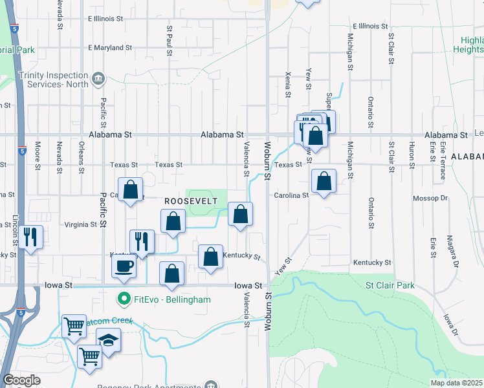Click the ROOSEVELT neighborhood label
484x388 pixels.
[190, 201]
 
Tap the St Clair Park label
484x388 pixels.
[389, 285]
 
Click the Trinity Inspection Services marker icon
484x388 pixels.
[98, 79]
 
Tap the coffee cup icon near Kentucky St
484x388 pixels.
[124, 264]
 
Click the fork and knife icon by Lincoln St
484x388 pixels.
[30, 237]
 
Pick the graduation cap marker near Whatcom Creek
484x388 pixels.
[108, 339]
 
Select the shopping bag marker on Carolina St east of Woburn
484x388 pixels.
[323, 181]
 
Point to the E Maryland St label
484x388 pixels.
[110, 48]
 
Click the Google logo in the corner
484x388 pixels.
[21, 380]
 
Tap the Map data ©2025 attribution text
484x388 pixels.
[456, 383]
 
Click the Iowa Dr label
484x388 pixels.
[450, 325]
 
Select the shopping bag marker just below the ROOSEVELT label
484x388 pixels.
[173, 221]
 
